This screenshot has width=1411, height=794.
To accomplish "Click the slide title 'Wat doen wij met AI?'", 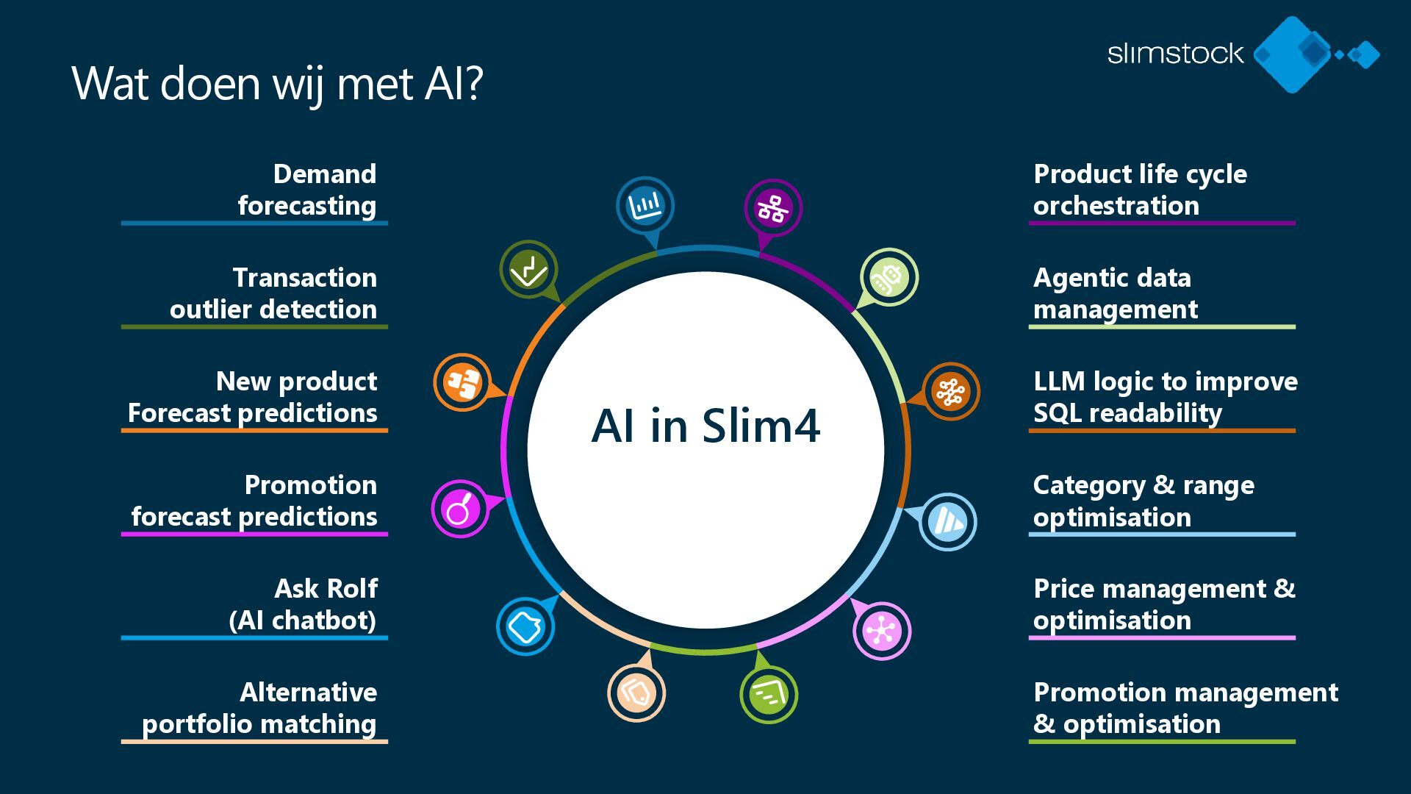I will tap(277, 83).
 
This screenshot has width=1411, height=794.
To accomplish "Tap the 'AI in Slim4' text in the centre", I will tap(705, 426).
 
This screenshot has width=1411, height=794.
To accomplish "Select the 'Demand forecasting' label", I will tap(306, 190).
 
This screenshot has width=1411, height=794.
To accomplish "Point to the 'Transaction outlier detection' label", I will tap(273, 293).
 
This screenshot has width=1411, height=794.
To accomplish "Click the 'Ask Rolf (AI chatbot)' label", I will tap(304, 604).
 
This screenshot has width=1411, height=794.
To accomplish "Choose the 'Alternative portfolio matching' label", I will tap(259, 708).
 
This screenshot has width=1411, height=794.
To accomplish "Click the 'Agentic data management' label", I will tap(1115, 293).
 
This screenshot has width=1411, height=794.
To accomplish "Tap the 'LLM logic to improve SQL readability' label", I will tap(1165, 397).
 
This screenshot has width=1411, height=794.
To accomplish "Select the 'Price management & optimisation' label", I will tap(1163, 604).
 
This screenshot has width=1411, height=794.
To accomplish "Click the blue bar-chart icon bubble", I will tap(645, 205).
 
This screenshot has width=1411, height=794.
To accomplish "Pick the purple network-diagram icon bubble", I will tap(773, 208).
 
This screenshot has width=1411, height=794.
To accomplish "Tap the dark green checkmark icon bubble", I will tap(528, 270).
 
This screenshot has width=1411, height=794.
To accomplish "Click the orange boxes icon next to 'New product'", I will tap(462, 382).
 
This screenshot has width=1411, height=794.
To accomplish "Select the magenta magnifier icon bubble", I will tap(460, 509).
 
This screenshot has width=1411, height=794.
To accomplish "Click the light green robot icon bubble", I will tap(888, 278).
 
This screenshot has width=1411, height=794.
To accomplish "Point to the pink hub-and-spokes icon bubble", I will tap(881, 631).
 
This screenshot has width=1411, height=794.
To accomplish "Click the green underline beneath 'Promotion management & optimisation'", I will tap(1161, 742).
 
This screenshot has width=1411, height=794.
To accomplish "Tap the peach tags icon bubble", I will tap(636, 693).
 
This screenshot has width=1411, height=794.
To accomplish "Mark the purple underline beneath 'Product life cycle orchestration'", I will tap(1161, 223).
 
